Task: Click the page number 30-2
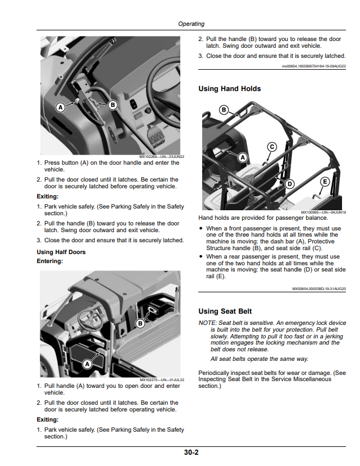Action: click(x=191, y=453)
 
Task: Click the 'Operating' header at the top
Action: click(x=192, y=24)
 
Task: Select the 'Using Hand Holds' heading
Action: click(x=230, y=89)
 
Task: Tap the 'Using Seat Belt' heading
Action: click(x=225, y=311)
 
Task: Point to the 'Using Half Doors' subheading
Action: click(x=61, y=252)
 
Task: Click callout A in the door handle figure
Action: click(x=61, y=107)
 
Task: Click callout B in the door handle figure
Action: click(x=112, y=105)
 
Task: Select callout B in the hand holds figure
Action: click(x=224, y=110)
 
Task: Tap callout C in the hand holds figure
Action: click(x=272, y=147)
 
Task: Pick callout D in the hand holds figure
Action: click(x=290, y=184)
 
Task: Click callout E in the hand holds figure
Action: click(x=325, y=182)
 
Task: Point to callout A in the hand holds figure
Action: click(x=243, y=157)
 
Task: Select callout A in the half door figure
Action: click(x=87, y=364)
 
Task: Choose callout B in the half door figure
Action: click(x=140, y=324)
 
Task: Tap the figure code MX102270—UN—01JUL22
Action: click(x=162, y=380)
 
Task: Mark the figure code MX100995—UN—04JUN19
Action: click(x=323, y=212)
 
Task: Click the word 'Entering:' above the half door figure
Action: click(x=50, y=261)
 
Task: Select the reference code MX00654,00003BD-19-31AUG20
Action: click(x=319, y=288)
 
